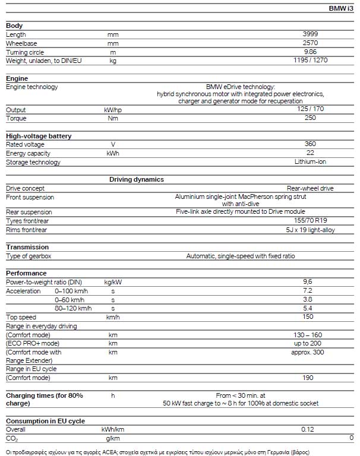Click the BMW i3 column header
pyautogui.click(x=340, y=8)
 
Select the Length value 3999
pyautogui.click(x=310, y=34)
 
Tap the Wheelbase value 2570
pyautogui.click(x=310, y=43)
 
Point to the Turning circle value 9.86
pyautogui.click(x=310, y=52)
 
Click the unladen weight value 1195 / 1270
pyautogui.click(x=310, y=60)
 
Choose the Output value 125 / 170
pyautogui.click(x=310, y=110)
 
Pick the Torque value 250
pyautogui.click(x=310, y=118)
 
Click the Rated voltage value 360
pyautogui.click(x=310, y=144)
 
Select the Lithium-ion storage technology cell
pyautogui.click(x=310, y=161)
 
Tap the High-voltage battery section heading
pyautogui.click(x=39, y=136)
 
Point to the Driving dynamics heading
pyautogui.click(x=137, y=179)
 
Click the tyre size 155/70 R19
pyautogui.click(x=310, y=221)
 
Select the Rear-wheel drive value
pyautogui.click(x=310, y=188)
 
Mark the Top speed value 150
pyautogui.click(x=308, y=317)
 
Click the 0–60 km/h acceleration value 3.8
pyautogui.click(x=308, y=300)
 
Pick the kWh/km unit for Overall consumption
pyautogui.click(x=113, y=429)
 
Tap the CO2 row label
pyautogui.click(x=12, y=438)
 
